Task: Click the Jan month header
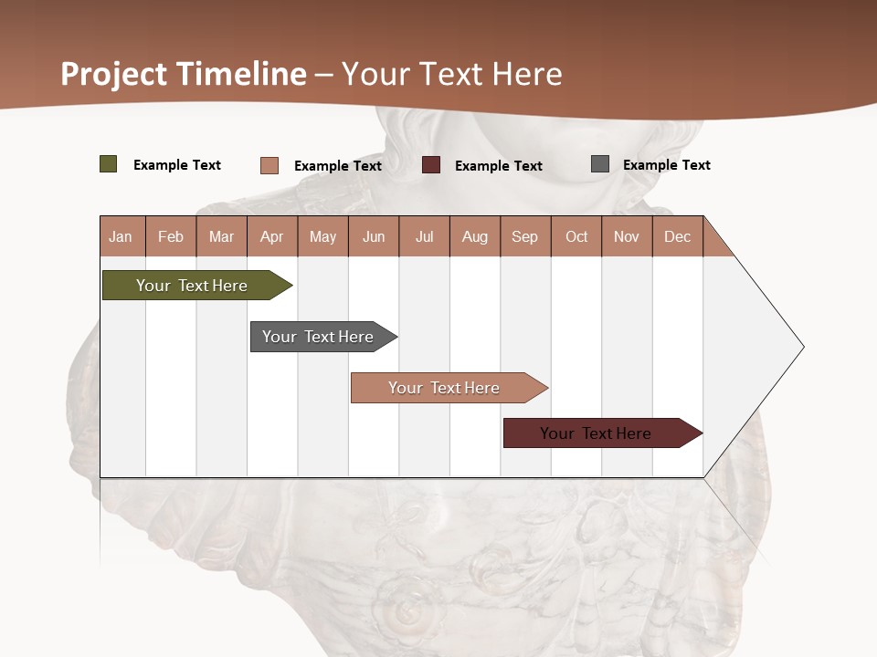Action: point(121,236)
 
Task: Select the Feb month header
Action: point(171,236)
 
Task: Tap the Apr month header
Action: point(271,236)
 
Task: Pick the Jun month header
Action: point(374,236)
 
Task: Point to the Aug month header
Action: point(475,236)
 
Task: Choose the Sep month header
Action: point(524,236)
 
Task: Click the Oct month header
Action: point(576,236)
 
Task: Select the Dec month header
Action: point(677,236)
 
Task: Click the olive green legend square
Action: point(109,164)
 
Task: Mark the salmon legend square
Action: point(269,165)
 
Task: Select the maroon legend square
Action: point(431,165)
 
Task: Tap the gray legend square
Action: point(600,164)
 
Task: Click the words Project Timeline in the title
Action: point(184,74)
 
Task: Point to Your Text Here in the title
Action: point(452,74)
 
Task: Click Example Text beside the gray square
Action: point(666,165)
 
